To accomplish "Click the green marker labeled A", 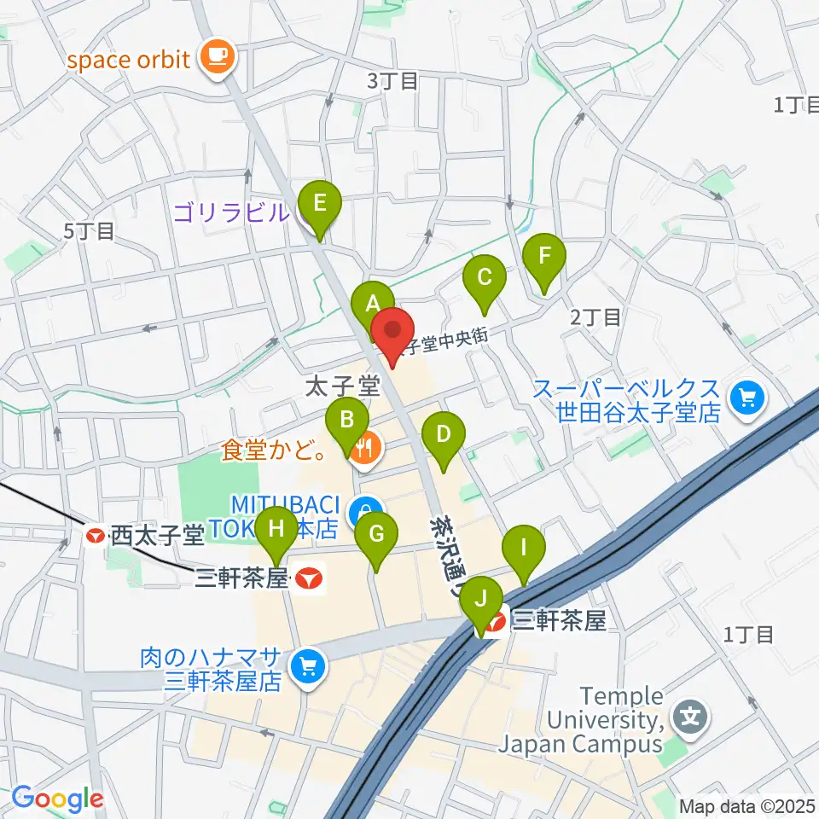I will pyautogui.click(x=372, y=304).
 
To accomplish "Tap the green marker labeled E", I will pyautogui.click(x=320, y=204).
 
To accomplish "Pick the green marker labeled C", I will pyautogui.click(x=485, y=277).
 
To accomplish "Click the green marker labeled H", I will pyautogui.click(x=276, y=528).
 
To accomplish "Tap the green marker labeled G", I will pyautogui.click(x=376, y=535).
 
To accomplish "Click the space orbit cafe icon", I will pyautogui.click(x=212, y=58).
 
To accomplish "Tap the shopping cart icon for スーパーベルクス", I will pyautogui.click(x=748, y=398).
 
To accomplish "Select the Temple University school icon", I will pyautogui.click(x=689, y=715).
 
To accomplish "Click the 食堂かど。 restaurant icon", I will pyautogui.click(x=364, y=446).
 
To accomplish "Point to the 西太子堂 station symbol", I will pyautogui.click(x=96, y=535).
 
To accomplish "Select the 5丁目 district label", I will pyautogui.click(x=88, y=230).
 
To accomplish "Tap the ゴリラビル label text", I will pyautogui.click(x=230, y=213).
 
